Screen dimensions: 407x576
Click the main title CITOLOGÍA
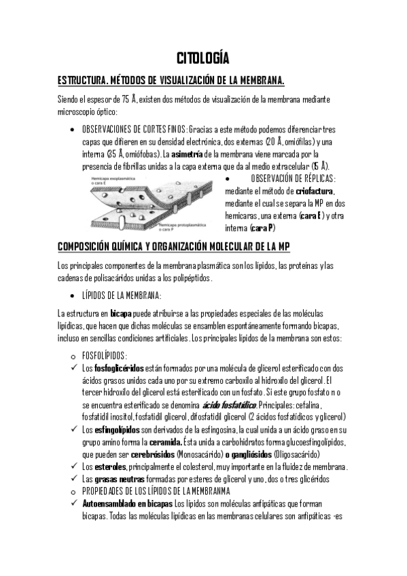point(203,56)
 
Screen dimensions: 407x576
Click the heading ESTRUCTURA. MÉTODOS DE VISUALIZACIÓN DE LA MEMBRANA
point(171,80)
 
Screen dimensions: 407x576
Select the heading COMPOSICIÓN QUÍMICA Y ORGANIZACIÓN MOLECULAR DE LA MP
point(178,246)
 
